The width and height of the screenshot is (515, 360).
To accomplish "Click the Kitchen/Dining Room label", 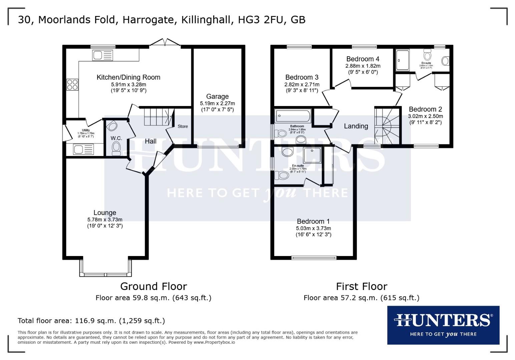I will tap(128, 77).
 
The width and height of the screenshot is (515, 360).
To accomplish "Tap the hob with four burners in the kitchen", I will tap(72, 85).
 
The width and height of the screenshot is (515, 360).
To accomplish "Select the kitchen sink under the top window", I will tap(103, 55).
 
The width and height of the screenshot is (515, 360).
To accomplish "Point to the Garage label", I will tap(217, 97).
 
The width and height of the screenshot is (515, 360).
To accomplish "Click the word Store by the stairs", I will tap(182, 126).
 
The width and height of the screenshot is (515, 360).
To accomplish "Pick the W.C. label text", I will tap(116, 138).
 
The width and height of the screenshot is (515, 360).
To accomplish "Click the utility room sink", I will tap(83, 150).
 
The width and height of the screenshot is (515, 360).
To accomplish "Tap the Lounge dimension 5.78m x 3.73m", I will tap(105, 220).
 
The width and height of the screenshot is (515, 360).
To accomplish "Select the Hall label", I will tap(150, 141).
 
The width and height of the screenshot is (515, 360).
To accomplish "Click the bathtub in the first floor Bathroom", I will tap(293, 116).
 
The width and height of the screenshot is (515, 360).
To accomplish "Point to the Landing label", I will tap(356, 126).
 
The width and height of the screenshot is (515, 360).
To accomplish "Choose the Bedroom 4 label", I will tap(363, 59).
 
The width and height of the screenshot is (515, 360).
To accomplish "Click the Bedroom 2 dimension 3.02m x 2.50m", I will tap(425, 116).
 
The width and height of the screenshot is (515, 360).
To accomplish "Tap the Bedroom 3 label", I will tap(302, 77).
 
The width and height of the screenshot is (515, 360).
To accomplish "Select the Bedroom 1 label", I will tap(313, 221).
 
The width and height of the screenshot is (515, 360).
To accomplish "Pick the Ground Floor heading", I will tap(153, 286).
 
